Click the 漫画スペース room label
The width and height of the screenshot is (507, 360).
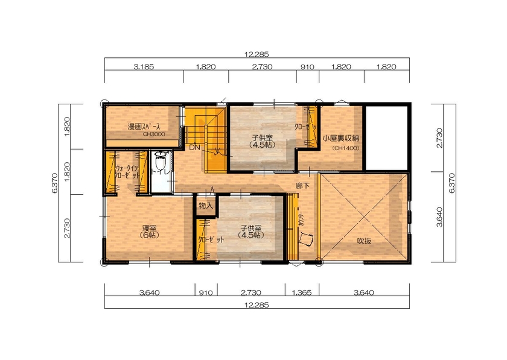[x=144, y=127]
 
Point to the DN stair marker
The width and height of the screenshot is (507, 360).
[x=194, y=147]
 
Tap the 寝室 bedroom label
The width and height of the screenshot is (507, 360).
[x=150, y=228]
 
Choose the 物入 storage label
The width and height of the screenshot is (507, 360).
[x=206, y=206]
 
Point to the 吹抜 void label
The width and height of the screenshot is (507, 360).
[x=363, y=241]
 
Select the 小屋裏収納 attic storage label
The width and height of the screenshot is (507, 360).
[x=341, y=138]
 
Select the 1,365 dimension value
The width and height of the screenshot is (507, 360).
[x=302, y=293]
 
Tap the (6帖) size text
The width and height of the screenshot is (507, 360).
[x=148, y=235]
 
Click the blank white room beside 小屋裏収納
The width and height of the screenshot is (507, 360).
[x=386, y=139]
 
